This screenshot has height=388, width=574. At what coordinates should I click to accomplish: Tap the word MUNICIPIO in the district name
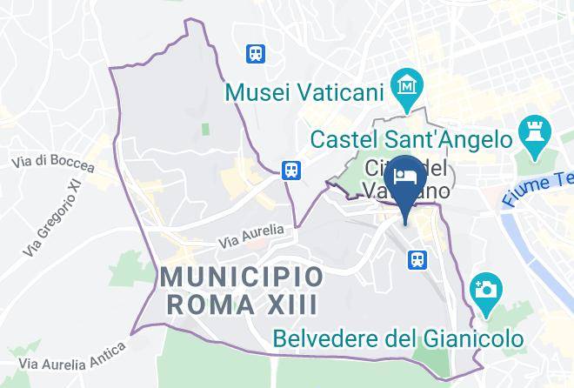click(242, 278)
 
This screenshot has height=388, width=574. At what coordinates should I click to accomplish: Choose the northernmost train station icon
click(256, 54)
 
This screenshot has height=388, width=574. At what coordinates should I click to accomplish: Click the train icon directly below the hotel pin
click(418, 258)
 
